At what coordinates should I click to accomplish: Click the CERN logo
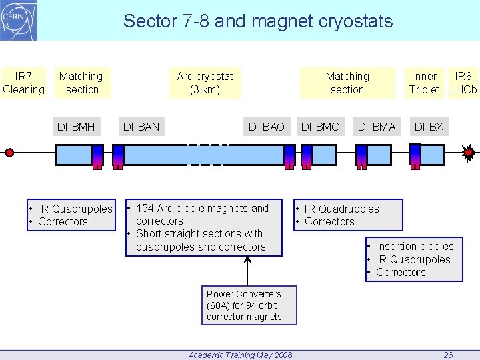19,20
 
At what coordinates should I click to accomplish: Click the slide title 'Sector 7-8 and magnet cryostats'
258,21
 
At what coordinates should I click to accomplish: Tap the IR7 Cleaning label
23,83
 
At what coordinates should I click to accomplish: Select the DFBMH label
76,126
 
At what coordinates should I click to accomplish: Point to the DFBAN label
141,126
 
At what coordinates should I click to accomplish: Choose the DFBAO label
266,126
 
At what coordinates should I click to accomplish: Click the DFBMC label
320,126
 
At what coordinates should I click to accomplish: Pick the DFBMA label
377,126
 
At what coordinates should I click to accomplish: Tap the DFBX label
429,126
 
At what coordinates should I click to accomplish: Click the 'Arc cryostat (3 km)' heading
205,83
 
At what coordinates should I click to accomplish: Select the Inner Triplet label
424,83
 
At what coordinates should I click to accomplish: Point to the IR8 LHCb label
463,83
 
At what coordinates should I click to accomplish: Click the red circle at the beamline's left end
9,153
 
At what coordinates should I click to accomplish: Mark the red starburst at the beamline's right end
469,153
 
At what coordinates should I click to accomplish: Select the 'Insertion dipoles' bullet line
414,247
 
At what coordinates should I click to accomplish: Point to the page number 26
448,355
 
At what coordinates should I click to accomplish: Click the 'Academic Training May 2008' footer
240,355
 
